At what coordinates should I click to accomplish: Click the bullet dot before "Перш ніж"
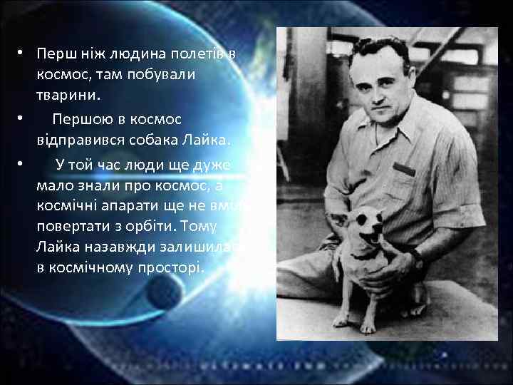(22, 54)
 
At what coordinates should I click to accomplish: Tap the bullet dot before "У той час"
(22, 165)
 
